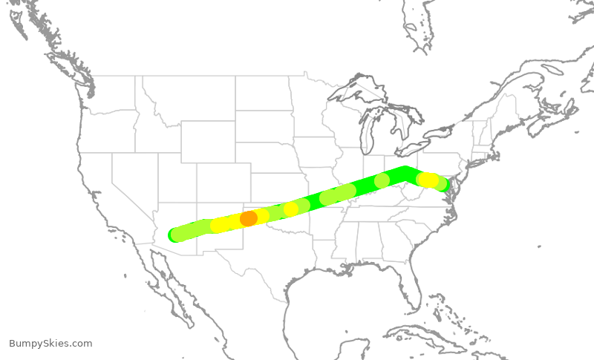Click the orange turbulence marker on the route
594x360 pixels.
pyautogui.click(x=249, y=218)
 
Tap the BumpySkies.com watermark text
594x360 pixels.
pyautogui.click(x=50, y=344)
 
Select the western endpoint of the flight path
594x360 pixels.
pyautogui.click(x=175, y=235)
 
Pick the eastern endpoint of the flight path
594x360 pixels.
pyautogui.click(x=444, y=185)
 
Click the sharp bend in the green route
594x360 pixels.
pyautogui.click(x=405, y=173)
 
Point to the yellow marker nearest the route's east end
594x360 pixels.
pyautogui.click(x=428, y=180)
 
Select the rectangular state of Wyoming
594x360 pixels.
pyautogui.click(x=208, y=141)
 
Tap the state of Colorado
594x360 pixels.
pyautogui.click(x=223, y=182)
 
